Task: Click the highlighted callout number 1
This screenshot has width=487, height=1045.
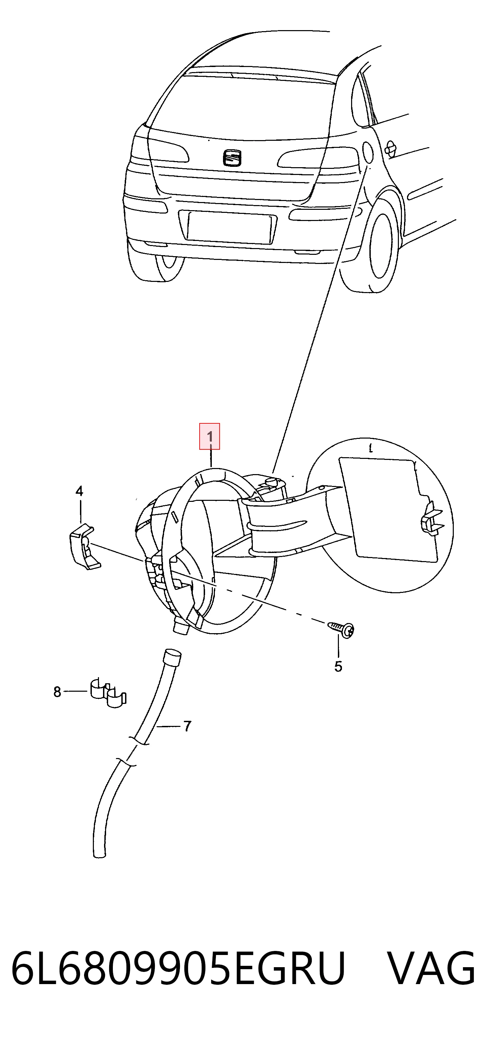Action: pos(209,437)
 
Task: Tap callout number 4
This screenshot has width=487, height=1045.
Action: pos(79,491)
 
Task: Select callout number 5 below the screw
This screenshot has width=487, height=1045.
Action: pos(338,667)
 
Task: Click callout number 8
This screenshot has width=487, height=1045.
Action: pos(57,692)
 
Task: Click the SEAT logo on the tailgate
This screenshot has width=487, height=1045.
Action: pos(232,157)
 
